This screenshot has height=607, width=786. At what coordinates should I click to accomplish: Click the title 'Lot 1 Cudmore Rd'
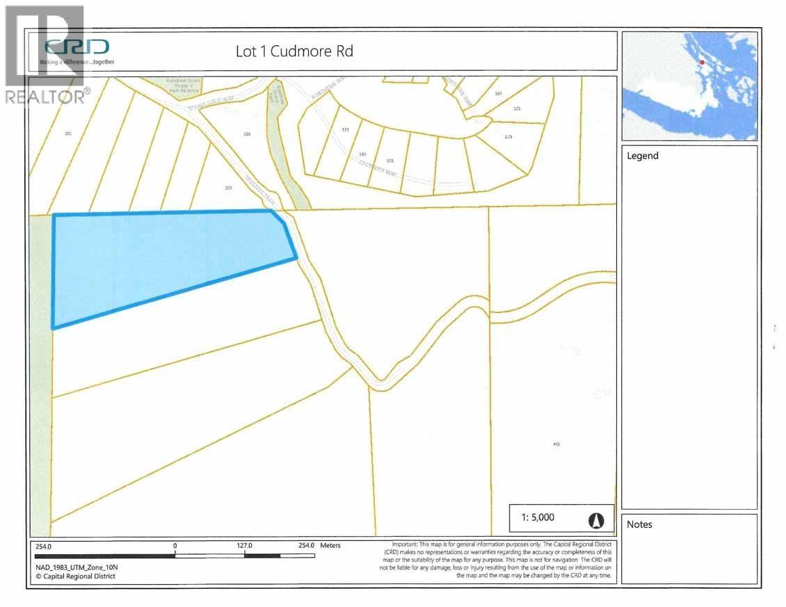tap(295, 51)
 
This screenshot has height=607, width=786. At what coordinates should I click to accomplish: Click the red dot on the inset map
tap(702, 63)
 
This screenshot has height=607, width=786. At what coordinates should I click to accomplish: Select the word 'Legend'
tap(643, 156)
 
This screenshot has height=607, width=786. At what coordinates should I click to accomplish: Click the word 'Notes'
tap(640, 524)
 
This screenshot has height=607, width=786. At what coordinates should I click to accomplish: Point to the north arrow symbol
tap(596, 519)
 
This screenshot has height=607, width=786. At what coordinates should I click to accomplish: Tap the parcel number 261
tap(67, 133)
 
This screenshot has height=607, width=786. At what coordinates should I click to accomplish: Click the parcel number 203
tap(228, 188)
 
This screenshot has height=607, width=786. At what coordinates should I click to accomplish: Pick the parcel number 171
tap(517, 109)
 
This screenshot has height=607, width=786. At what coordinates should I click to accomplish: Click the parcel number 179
tap(508, 136)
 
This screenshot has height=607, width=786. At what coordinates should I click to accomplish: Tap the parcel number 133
tap(345, 130)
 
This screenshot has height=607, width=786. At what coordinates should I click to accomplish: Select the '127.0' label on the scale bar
tap(244, 546)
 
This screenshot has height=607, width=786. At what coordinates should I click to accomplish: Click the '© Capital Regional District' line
tap(76, 576)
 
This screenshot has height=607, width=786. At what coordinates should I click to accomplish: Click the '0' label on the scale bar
tap(175, 546)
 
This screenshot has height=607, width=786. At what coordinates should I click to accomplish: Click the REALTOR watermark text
tap(47, 97)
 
